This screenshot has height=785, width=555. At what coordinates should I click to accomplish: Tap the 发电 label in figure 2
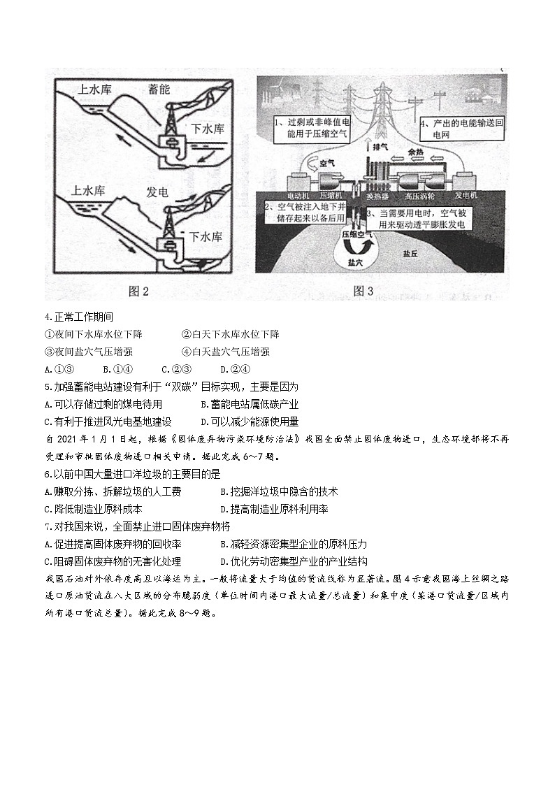(x=157, y=191)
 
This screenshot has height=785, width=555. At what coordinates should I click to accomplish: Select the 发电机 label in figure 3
(x=466, y=195)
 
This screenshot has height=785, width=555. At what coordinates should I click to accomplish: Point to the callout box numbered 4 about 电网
(x=461, y=129)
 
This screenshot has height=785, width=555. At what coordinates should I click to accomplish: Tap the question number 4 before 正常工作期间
(x=48, y=317)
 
